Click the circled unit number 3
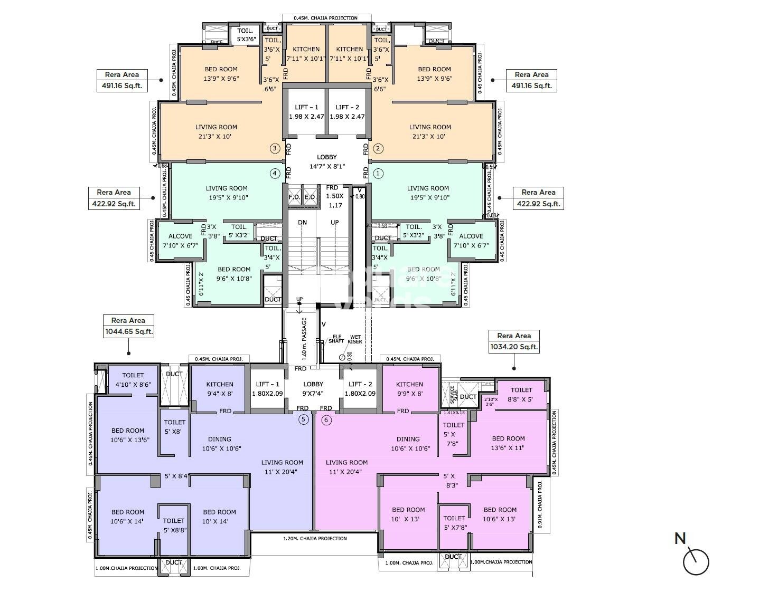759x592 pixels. point(274,148)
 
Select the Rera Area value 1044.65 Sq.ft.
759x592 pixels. point(128,332)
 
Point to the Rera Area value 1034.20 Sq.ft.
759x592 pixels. point(514,347)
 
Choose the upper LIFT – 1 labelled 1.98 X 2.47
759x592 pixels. point(306,112)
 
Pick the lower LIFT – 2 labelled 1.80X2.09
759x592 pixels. point(361,389)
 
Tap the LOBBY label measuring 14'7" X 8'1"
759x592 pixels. point(326,161)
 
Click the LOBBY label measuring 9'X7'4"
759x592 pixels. point(313,389)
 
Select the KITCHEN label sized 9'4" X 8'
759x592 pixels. point(220,389)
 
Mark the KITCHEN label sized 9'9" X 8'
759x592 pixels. point(409,389)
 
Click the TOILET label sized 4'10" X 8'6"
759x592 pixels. point(133,380)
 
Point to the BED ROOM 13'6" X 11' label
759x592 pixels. point(508,443)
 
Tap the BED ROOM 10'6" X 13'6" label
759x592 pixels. point(128,435)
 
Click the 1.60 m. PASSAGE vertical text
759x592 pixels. point(304,338)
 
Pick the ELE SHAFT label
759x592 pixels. point(335,339)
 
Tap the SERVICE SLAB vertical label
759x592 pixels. point(453,394)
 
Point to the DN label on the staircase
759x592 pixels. point(302,223)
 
